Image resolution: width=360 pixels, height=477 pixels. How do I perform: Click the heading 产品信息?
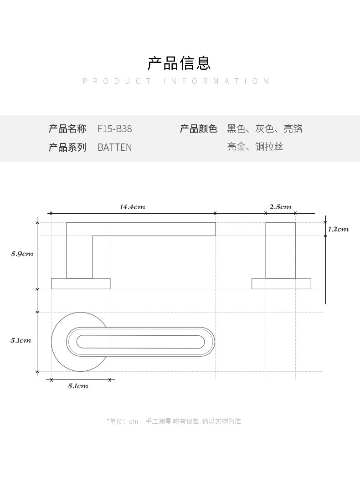coord(179,63)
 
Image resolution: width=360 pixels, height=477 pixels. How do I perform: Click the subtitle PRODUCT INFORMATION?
coord(176,81)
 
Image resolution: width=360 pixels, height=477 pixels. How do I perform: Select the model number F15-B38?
coord(115,129)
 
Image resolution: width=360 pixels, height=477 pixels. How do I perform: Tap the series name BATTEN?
coord(115,147)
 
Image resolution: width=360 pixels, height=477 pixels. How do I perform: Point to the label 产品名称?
coord(67,129)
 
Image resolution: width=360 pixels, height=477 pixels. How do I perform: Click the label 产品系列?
coord(67,147)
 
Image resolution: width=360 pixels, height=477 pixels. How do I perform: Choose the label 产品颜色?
coord(198,129)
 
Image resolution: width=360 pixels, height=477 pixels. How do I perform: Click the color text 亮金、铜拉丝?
coord(255,147)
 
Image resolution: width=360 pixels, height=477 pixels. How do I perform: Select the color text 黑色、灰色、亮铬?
coord(265,129)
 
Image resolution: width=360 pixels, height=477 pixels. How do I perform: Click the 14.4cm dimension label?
coord(133,207)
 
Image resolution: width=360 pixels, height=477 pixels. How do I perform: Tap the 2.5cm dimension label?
coord(280,207)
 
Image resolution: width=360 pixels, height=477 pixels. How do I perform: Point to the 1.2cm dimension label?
coord(338,229)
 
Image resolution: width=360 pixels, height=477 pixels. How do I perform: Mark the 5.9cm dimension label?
coord(22,254)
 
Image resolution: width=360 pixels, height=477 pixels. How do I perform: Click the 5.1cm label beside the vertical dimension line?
coord(21,340)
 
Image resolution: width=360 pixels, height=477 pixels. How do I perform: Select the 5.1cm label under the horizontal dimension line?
coord(78,386)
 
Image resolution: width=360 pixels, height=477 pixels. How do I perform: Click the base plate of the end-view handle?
coord(281,283)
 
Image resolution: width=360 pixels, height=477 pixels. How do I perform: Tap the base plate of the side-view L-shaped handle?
coord(81,283)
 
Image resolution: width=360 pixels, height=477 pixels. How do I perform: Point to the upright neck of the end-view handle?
coord(280,251)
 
